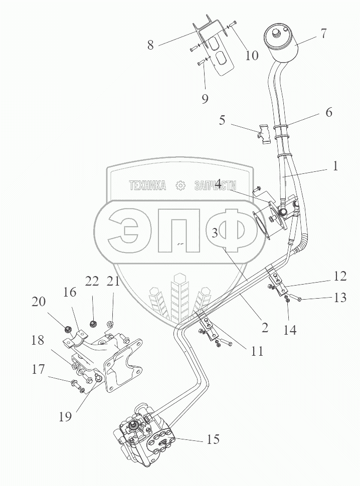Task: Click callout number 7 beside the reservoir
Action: (x=324, y=34)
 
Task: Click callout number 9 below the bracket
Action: (x=205, y=99)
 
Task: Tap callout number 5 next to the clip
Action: (x=222, y=121)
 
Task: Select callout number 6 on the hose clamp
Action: (x=328, y=112)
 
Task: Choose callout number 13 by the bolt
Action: (x=340, y=298)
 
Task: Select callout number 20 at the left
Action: (x=39, y=302)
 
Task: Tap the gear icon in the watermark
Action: (x=180, y=186)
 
